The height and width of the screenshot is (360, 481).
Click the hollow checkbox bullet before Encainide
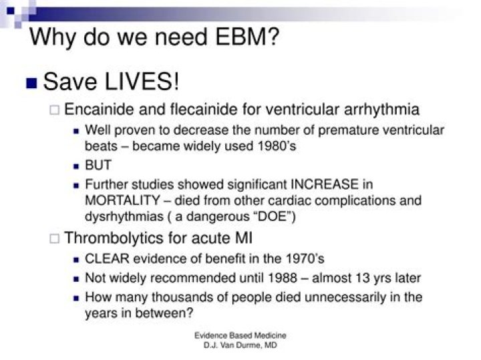tap(57, 111)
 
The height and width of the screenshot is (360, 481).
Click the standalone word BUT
tap(98, 165)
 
